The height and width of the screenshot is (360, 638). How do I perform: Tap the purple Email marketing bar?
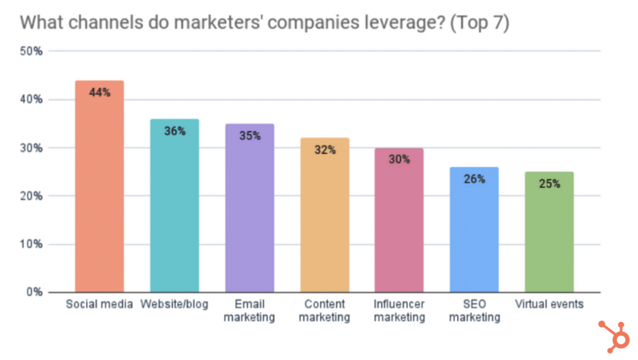[249, 218]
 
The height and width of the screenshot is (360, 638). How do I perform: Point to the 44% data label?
[99, 92]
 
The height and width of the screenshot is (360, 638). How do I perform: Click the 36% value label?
[174, 131]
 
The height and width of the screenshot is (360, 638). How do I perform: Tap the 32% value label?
[324, 150]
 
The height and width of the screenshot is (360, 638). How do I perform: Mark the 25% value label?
[549, 184]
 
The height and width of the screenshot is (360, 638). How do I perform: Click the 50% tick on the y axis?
[32, 52]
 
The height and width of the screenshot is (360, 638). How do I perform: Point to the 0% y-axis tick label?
[34, 292]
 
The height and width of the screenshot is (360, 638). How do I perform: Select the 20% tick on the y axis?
[32, 196]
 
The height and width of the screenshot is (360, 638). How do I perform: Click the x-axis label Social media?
[99, 305]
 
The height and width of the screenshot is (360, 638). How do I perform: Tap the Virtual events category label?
[549, 305]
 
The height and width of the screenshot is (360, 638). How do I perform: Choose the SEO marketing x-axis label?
[474, 311]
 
